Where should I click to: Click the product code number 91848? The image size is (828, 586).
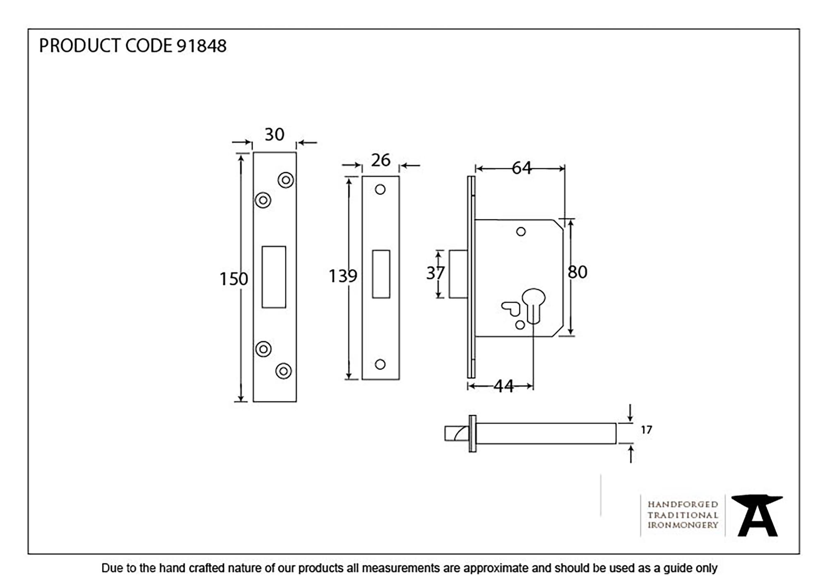[x=201, y=46]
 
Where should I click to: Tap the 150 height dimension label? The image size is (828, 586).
[x=233, y=279]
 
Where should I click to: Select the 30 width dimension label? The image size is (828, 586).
[x=274, y=134]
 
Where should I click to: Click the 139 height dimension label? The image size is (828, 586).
[x=342, y=276]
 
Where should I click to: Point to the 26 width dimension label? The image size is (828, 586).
[x=380, y=160]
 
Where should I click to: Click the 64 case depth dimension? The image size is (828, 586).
[x=521, y=168]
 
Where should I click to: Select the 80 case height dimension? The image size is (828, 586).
[x=578, y=272]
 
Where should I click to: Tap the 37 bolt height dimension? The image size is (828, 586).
[x=435, y=273]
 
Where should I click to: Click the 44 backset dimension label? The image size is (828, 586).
[x=503, y=386]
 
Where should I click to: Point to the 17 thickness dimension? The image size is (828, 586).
[x=646, y=430]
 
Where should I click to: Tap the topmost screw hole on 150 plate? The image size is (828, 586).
[x=286, y=180]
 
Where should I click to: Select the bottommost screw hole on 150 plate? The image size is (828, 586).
[x=284, y=371]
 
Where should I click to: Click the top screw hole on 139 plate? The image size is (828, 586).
[x=380, y=190]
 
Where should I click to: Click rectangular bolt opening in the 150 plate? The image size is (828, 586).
[x=274, y=277]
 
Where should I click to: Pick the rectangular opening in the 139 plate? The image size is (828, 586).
[x=381, y=274]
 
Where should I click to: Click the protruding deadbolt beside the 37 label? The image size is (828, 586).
[x=458, y=274]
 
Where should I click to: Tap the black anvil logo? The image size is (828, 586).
[x=757, y=515]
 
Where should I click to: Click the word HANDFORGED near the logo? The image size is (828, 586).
[x=683, y=504]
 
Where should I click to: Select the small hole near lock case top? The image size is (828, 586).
[x=521, y=232]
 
